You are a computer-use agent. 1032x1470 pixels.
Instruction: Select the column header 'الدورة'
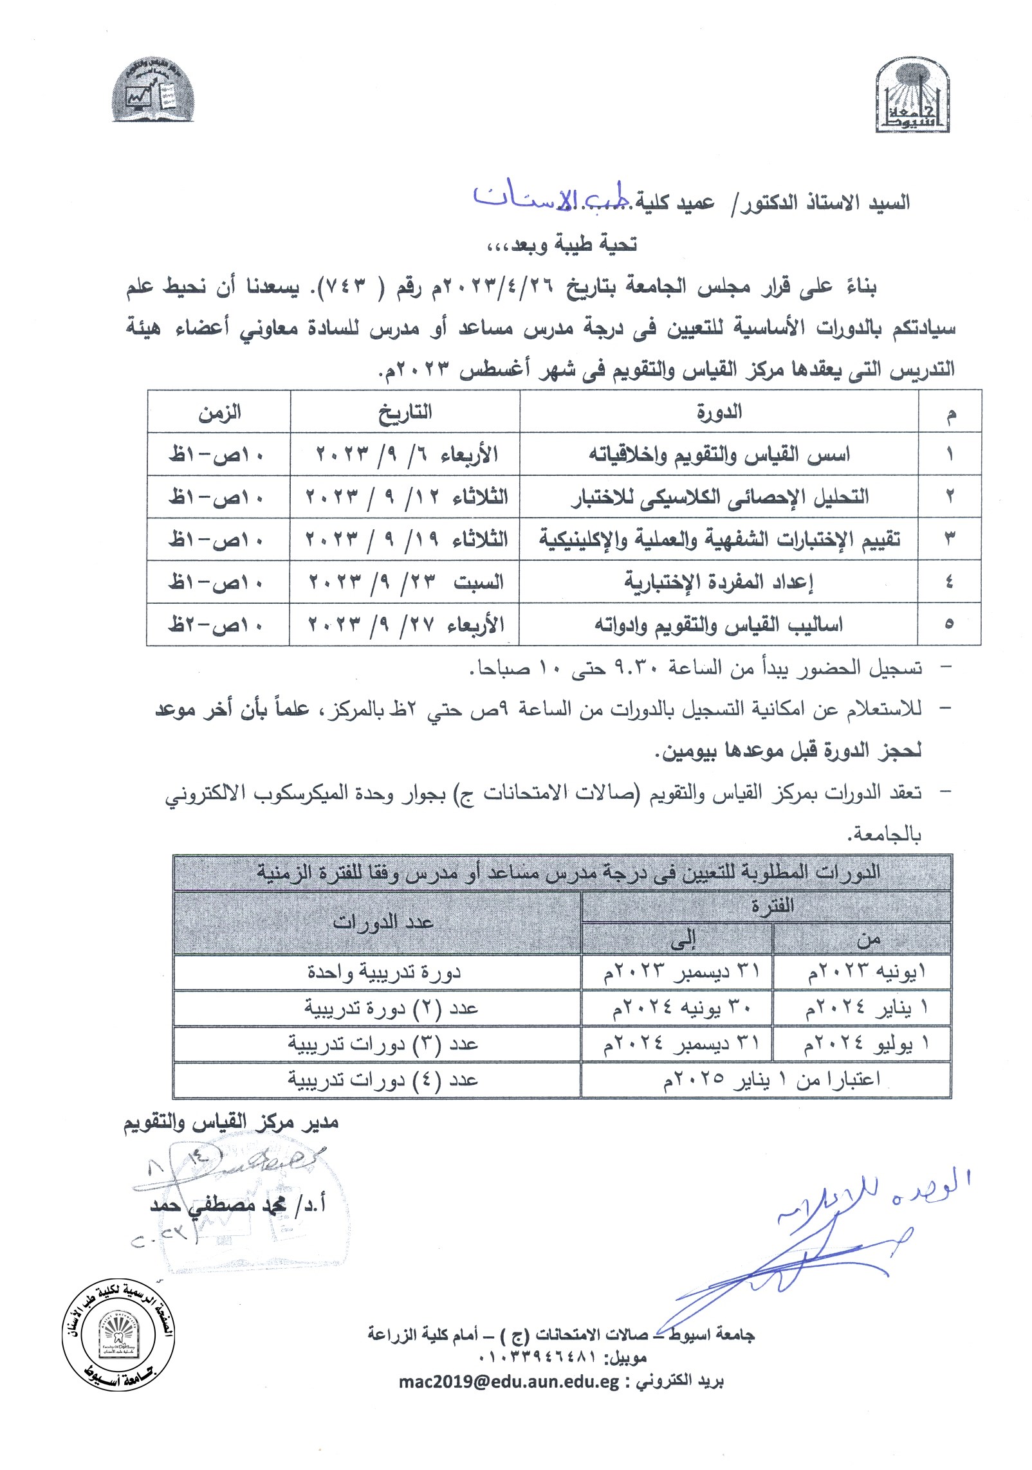719,412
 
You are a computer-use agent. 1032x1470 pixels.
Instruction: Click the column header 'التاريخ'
405,412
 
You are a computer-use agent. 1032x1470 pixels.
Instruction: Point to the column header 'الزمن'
219,412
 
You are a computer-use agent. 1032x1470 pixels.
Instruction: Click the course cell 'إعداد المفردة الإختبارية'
719,582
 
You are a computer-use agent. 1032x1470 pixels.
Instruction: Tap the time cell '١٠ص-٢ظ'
216,624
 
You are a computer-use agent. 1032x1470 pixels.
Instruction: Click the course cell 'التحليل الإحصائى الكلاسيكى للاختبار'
719,497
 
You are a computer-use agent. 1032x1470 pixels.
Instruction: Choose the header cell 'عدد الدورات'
382,923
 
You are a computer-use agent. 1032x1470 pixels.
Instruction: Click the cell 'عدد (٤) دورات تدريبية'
382,1080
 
